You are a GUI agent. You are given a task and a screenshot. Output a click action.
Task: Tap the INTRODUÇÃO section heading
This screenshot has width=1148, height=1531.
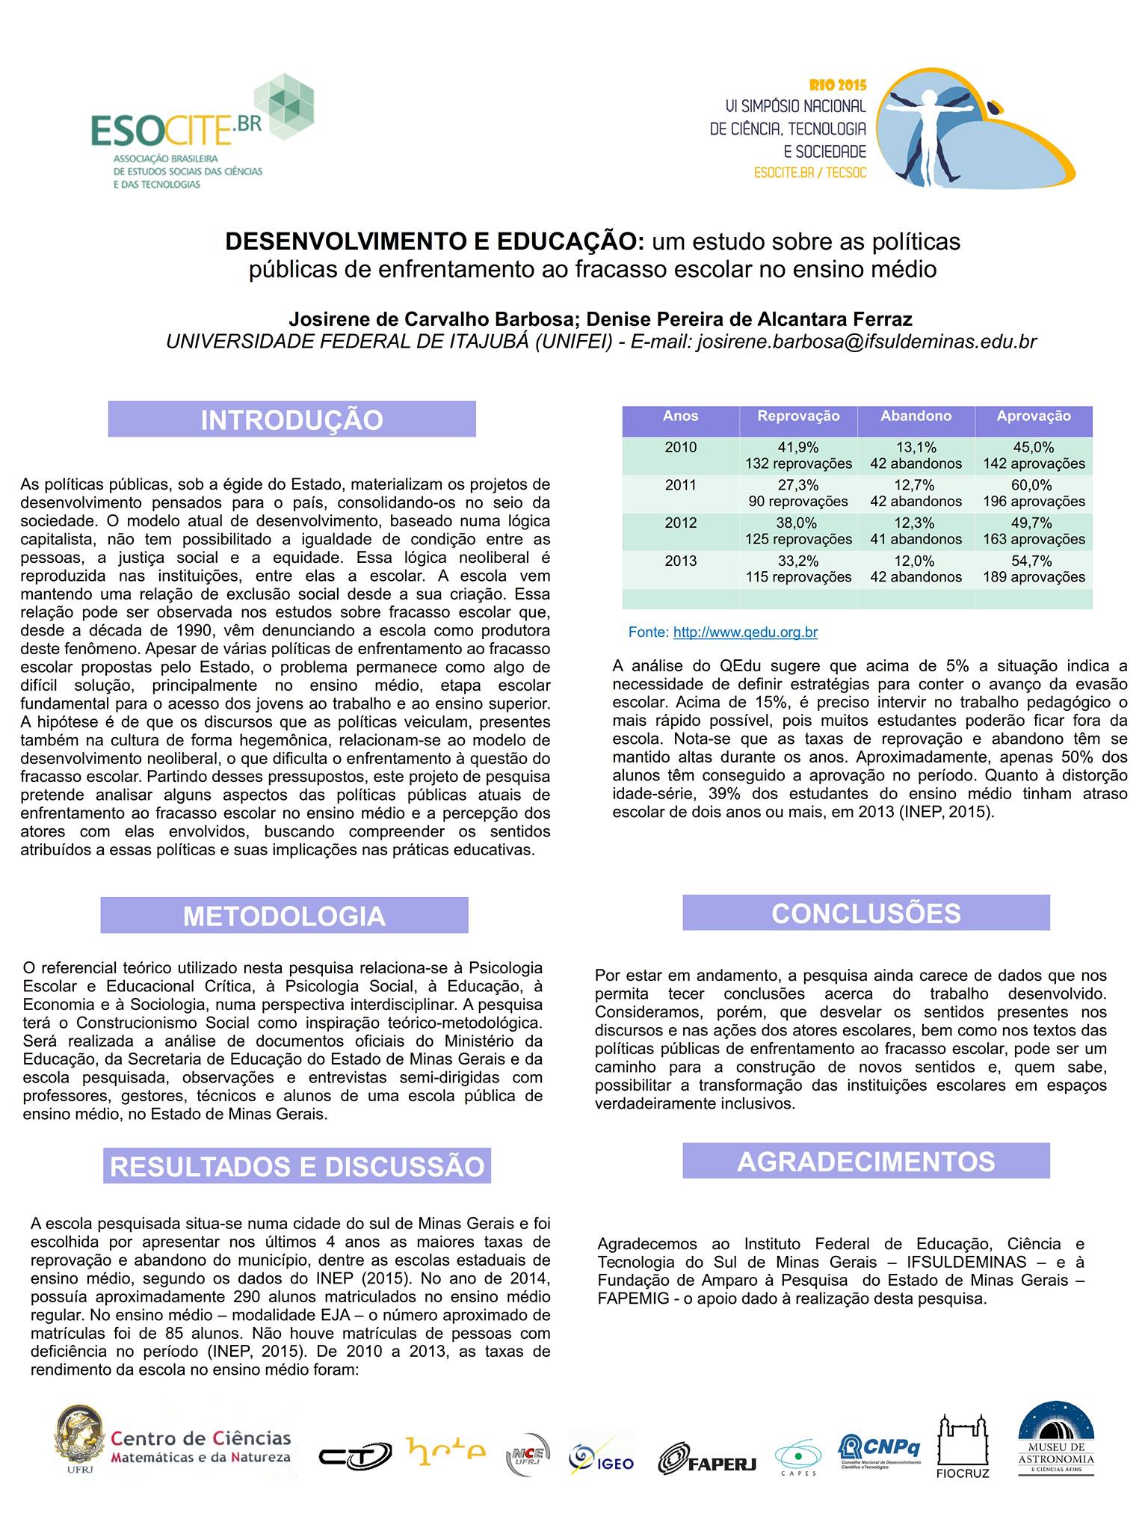tap(291, 419)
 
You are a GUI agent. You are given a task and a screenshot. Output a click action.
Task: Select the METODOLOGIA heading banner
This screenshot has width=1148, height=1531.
tap(284, 916)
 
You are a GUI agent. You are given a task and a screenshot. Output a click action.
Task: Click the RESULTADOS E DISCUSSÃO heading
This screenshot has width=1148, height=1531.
tap(297, 1166)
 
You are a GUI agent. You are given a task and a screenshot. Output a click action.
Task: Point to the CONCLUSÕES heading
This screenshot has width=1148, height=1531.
tap(865, 913)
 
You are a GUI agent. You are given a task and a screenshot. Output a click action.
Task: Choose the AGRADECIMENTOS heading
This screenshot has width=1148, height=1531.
tap(865, 1161)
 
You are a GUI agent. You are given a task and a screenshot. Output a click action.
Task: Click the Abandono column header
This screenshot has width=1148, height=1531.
tap(916, 416)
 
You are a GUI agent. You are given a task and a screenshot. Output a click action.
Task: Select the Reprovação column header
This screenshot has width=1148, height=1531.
tap(798, 416)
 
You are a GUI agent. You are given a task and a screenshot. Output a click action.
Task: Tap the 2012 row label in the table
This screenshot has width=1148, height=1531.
tap(680, 523)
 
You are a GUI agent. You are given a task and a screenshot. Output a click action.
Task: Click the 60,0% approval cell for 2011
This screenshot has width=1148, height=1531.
tap(1034, 493)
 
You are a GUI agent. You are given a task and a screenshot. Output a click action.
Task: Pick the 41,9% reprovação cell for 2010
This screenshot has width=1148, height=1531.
tap(798, 455)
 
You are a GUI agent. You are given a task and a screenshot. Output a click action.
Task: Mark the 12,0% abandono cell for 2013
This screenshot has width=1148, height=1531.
tap(916, 569)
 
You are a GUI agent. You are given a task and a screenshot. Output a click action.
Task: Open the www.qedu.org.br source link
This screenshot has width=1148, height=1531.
tap(745, 632)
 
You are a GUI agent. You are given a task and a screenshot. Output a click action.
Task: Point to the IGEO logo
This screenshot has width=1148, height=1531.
tap(602, 1457)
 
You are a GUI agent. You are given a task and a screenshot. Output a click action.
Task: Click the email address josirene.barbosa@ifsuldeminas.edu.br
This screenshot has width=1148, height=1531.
tap(866, 342)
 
